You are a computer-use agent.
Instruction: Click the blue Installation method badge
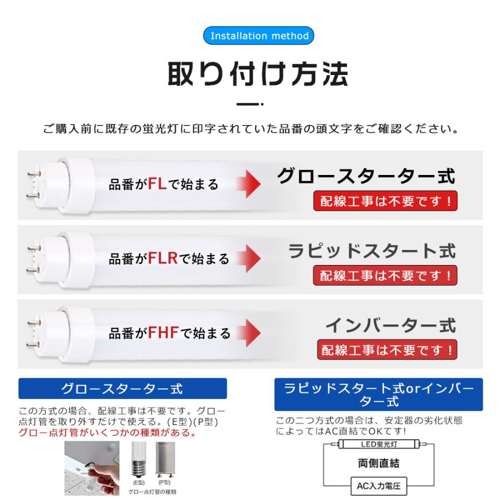point(259,36)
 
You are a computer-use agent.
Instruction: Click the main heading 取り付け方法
point(258,74)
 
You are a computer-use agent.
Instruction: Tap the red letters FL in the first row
point(157,184)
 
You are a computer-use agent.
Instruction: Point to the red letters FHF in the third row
point(164,333)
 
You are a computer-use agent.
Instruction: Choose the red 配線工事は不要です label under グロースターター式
point(386,201)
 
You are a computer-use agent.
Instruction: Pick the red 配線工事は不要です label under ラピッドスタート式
point(386,275)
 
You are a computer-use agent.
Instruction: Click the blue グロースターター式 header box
point(123,388)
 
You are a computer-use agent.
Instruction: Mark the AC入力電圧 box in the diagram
point(378,487)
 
